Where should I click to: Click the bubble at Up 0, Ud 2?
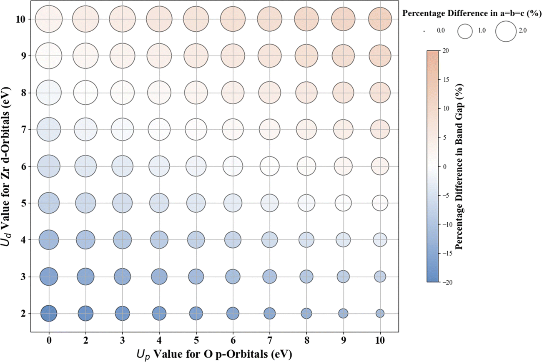coord(49,313)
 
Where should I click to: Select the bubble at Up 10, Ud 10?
coord(380,19)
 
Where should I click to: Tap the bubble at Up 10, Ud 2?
coord(380,313)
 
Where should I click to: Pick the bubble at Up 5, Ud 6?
coord(196,166)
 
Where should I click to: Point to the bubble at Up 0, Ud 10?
coord(49,19)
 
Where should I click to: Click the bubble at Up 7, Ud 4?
coord(269,240)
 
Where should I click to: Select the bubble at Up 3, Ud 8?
coord(123,93)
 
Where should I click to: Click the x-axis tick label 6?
coord(233,340)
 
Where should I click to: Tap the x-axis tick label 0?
coord(49,340)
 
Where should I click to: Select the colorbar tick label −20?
coord(444,282)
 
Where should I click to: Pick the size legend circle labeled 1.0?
coord(465,30)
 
